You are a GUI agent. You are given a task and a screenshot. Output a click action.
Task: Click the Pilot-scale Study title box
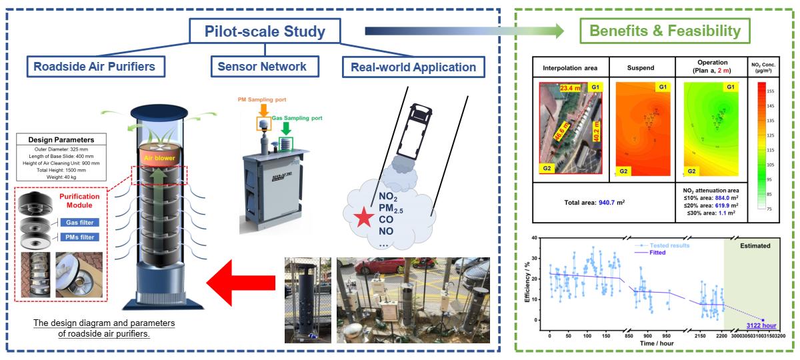(x=265, y=31)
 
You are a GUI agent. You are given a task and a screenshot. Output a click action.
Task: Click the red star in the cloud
(x=363, y=218)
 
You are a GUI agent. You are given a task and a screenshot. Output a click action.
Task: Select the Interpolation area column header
(x=570, y=68)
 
